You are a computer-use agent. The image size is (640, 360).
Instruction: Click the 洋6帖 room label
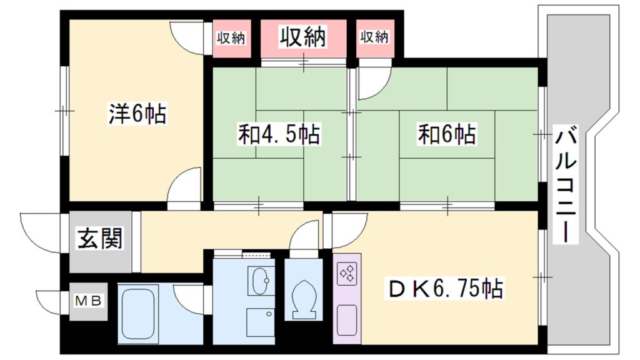[137, 114]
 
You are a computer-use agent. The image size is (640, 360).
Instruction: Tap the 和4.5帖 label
[279, 134]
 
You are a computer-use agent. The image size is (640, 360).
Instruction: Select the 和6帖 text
[447, 134]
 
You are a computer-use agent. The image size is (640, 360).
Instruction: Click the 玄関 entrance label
[99, 238]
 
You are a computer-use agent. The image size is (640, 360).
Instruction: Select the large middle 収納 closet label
[303, 37]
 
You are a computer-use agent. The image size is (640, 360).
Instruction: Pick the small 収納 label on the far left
[230, 37]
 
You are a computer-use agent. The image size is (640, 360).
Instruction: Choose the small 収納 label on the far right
[374, 37]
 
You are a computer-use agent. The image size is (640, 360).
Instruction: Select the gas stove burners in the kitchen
[347, 274]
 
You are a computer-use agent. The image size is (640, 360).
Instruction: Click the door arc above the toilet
[306, 236]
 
